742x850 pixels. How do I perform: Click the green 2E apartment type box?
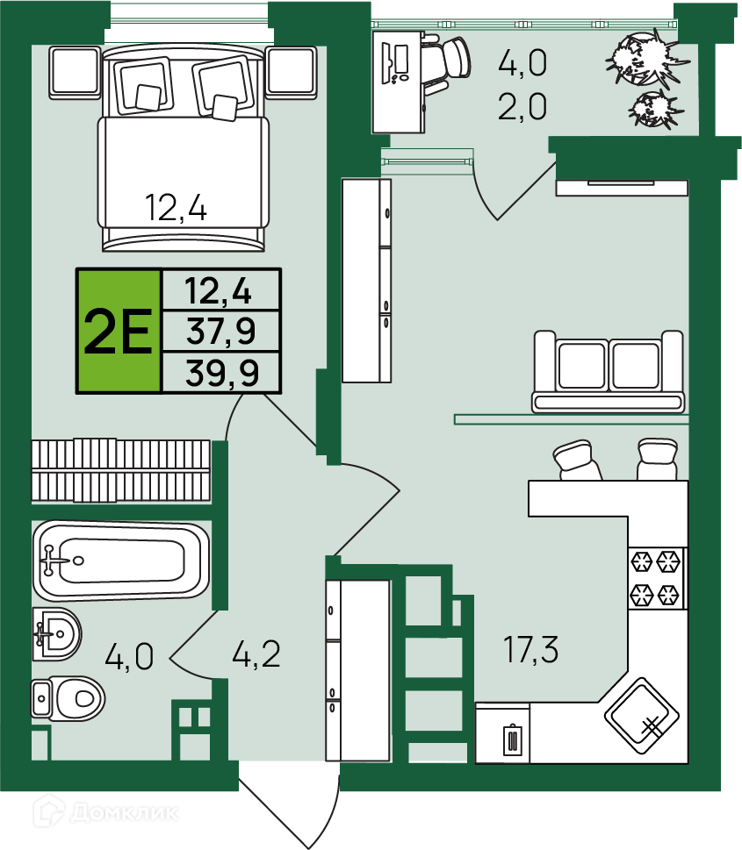click(119, 331)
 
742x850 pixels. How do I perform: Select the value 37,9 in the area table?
click(221, 332)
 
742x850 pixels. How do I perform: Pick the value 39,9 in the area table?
click(222, 373)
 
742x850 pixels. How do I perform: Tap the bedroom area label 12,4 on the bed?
click(176, 208)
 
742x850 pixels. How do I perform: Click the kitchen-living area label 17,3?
click(531, 649)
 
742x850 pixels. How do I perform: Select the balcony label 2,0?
click(522, 106)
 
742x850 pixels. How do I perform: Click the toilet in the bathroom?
click(68, 698)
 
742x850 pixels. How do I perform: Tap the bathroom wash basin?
click(56, 633)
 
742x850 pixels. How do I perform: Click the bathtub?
click(120, 561)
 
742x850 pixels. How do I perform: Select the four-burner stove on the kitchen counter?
click(656, 578)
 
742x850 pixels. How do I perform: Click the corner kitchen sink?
click(642, 716)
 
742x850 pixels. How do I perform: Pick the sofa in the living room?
click(608, 372)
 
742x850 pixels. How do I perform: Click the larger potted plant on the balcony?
click(647, 59)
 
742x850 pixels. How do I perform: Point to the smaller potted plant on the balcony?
click(654, 109)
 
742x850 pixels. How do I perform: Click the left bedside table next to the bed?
click(75, 73)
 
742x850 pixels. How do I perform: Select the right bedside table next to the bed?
click(292, 73)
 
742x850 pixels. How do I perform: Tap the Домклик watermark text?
click(125, 812)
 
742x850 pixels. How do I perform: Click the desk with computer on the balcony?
click(399, 82)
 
